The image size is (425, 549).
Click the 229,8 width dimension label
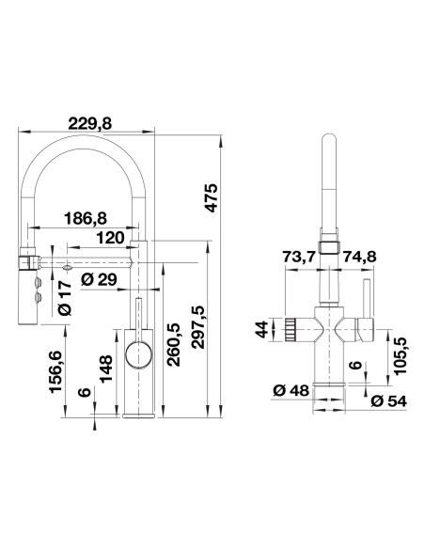pyautogui.click(x=89, y=123)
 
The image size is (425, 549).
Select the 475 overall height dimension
pyautogui.click(x=212, y=197)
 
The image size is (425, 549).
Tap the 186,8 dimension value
pyautogui.click(x=86, y=219)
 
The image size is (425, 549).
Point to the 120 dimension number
pyautogui.click(x=110, y=238)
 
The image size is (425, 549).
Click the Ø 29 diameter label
pyautogui.click(x=99, y=280)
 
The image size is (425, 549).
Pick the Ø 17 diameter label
pyautogui.click(x=65, y=297)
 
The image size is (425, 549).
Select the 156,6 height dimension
pyautogui.click(x=55, y=371)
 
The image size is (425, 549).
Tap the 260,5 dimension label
pyautogui.click(x=173, y=345)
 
